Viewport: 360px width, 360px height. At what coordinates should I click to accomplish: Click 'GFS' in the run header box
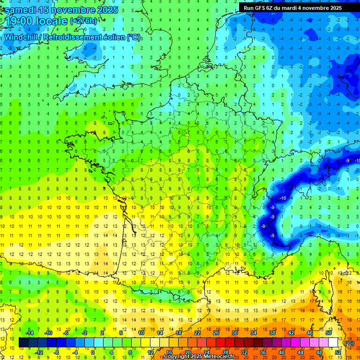[x=263, y=8]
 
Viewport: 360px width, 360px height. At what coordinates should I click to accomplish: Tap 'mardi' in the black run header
[x=297, y=8]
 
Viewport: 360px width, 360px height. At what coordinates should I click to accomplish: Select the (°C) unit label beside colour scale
[x=349, y=343]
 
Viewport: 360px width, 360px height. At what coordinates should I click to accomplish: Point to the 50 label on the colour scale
[x=328, y=333]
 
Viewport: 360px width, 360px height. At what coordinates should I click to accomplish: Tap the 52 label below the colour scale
[x=337, y=352]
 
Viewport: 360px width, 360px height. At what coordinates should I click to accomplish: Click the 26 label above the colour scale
[x=216, y=333]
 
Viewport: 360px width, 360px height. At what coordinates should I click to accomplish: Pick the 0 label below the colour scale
[x=93, y=352]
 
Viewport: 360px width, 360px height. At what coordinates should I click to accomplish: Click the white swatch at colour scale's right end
[x=333, y=343]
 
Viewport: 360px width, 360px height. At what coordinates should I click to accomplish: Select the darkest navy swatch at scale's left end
[x=24, y=343]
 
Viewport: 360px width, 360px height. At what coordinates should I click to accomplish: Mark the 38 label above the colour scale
[x=272, y=333]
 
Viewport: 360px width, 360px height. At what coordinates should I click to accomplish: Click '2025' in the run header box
[x=335, y=8]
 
